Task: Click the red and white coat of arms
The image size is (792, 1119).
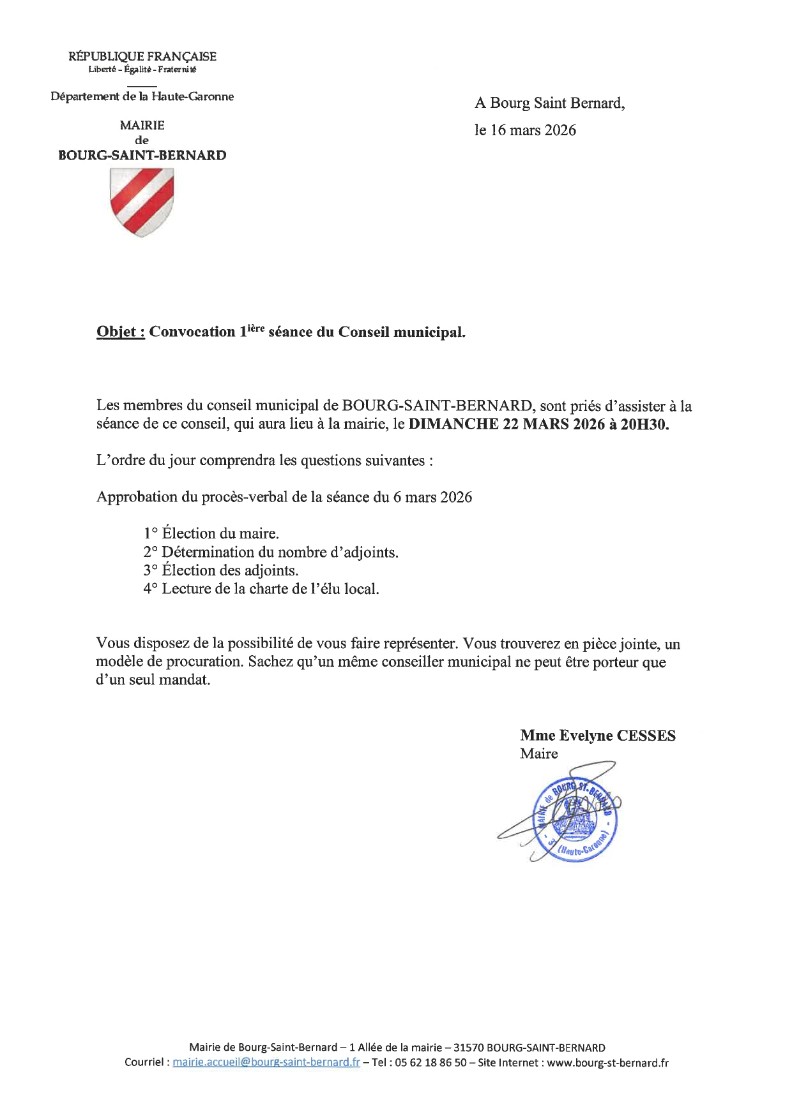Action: pyautogui.click(x=141, y=202)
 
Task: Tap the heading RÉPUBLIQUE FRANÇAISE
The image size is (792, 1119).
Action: pyautogui.click(x=142, y=56)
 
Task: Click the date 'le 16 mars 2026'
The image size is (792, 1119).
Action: pyautogui.click(x=525, y=130)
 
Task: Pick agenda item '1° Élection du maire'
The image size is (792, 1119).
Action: pyautogui.click(x=211, y=534)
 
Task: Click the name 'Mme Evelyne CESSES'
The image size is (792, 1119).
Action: pyautogui.click(x=598, y=736)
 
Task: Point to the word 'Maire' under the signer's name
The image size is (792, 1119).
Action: pyautogui.click(x=538, y=753)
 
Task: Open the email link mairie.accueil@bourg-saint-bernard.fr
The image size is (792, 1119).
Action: pyautogui.click(x=266, y=1063)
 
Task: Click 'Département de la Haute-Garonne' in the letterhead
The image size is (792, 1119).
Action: pyautogui.click(x=142, y=97)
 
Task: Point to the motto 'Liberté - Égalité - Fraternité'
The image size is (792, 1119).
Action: pyautogui.click(x=142, y=69)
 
